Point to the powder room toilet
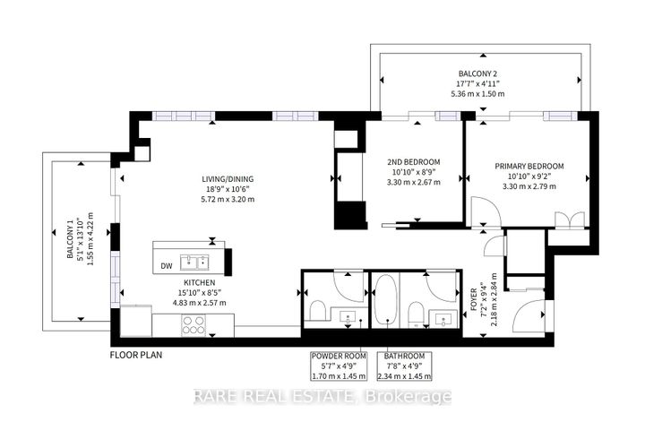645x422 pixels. point(316,311)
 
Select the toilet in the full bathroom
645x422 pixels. point(415,311)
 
